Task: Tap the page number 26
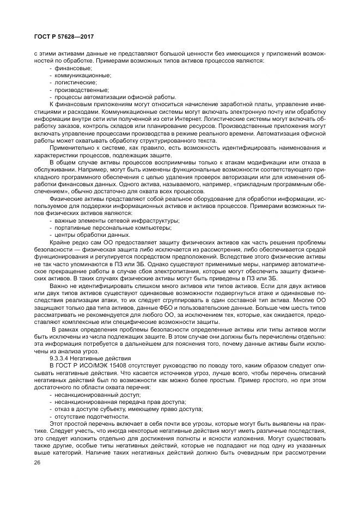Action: [x=38, y=463]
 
